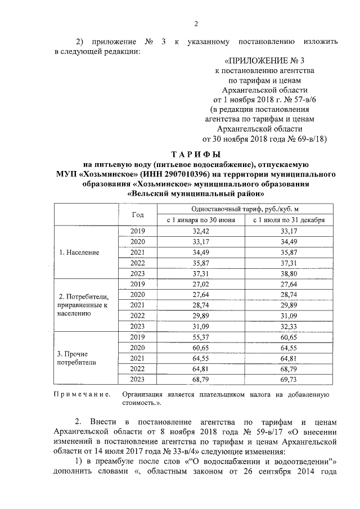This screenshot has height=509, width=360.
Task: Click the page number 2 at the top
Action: click(196, 23)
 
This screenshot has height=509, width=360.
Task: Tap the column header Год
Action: click(138, 215)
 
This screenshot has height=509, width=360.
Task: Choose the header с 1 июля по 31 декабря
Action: click(289, 220)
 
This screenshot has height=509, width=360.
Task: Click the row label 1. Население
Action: click(79, 252)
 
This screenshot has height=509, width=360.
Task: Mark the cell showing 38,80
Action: click(289, 273)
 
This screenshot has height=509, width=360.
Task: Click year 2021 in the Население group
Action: click(138, 252)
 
